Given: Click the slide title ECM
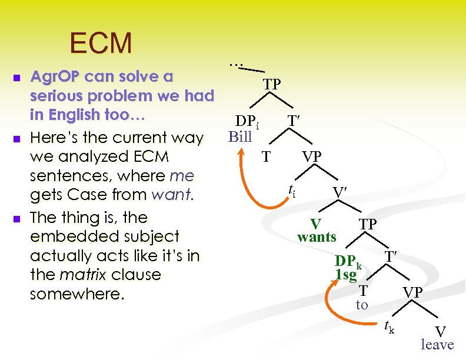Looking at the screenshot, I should pyautogui.click(x=101, y=43).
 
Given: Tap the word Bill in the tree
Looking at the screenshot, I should pyautogui.click(x=240, y=138).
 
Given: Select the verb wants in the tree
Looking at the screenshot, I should pyautogui.click(x=317, y=237).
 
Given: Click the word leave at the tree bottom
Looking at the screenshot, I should pyautogui.click(x=437, y=345).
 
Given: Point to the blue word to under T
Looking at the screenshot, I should pyautogui.click(x=362, y=305).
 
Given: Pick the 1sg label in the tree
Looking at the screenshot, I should pyautogui.click(x=346, y=274).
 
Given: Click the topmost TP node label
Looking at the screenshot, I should pyautogui.click(x=271, y=84).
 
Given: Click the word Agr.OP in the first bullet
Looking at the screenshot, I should pyautogui.click(x=56, y=76).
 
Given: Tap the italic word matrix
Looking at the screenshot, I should pyautogui.click(x=82, y=275).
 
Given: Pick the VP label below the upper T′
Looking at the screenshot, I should pyautogui.click(x=312, y=156).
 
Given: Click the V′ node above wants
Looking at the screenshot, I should pyautogui.click(x=340, y=192).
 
